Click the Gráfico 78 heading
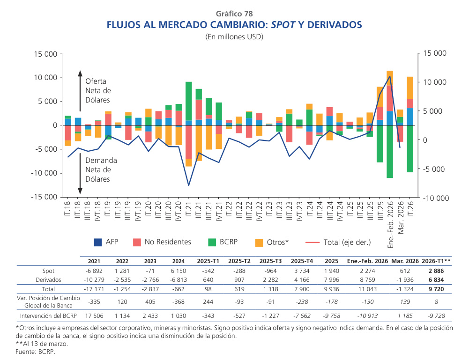point(234,14)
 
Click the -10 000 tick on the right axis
point(436,198)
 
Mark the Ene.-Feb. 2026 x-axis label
point(390,222)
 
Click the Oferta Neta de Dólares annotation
point(98,90)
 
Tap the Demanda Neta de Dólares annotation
point(101,169)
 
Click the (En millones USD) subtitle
point(234,37)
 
